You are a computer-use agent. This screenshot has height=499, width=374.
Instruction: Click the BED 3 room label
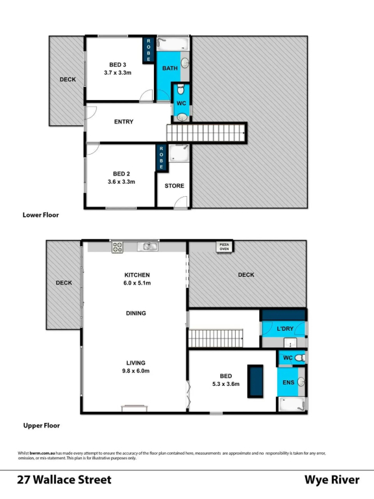click(118, 64)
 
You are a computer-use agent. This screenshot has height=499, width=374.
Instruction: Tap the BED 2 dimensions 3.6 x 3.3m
click(121, 182)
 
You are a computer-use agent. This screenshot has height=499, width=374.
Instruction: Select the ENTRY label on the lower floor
click(124, 122)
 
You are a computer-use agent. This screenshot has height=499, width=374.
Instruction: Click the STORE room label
click(174, 186)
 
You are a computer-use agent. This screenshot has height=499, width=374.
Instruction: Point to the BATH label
click(170, 68)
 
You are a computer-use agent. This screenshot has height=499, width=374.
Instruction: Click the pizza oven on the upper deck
click(224, 247)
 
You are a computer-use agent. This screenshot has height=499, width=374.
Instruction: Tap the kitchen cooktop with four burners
click(118, 248)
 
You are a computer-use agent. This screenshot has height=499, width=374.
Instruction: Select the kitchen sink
click(147, 246)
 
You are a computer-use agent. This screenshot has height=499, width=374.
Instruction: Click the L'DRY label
click(285, 328)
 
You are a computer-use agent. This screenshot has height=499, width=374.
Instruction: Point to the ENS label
click(288, 382)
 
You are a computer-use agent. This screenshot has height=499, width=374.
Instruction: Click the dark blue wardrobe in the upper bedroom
click(255, 381)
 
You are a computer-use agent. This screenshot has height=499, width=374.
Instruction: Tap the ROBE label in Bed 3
click(149, 50)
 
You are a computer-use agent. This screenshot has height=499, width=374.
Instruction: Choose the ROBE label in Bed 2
click(161, 158)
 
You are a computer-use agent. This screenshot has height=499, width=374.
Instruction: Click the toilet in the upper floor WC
click(300, 358)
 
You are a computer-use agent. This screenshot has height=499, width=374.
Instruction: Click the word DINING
click(136, 313)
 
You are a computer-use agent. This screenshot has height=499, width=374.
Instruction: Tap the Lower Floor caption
click(41, 215)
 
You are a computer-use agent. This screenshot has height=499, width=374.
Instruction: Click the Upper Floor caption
click(42, 426)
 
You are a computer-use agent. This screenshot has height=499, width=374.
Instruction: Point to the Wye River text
click(332, 480)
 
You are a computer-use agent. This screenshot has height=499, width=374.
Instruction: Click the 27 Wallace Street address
click(64, 480)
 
